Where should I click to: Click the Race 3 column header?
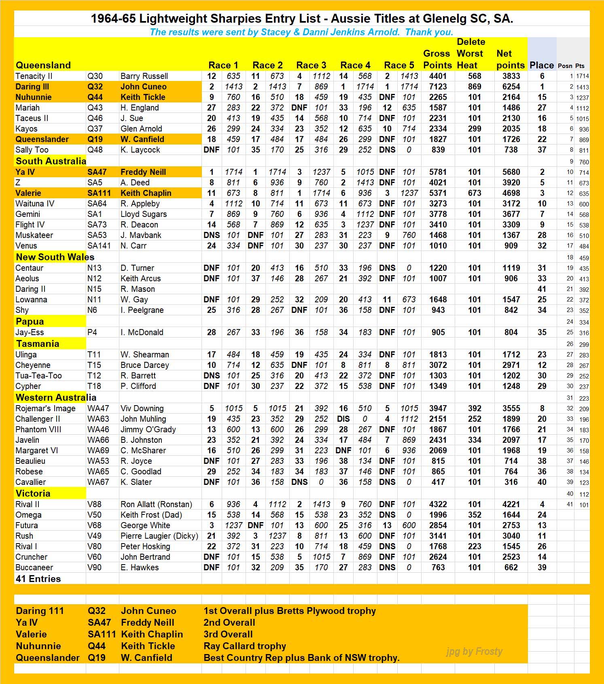click(311, 65)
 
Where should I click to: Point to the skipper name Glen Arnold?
click(141, 129)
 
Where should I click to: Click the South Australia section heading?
click(51, 161)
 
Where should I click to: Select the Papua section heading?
click(30, 321)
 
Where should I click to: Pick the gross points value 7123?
click(438, 87)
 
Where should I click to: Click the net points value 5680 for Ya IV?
click(511, 172)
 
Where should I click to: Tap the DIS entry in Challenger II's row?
click(343, 419)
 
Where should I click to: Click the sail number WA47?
click(98, 408)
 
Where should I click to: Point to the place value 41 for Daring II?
click(542, 289)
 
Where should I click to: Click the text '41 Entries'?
click(38, 579)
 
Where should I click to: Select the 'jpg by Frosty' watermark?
click(474, 652)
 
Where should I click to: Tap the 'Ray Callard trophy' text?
click(245, 646)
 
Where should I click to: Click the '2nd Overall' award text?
click(229, 622)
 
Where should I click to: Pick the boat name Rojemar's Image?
click(45, 408)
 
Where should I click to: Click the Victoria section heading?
click(33, 493)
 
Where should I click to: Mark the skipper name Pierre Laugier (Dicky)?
click(159, 536)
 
